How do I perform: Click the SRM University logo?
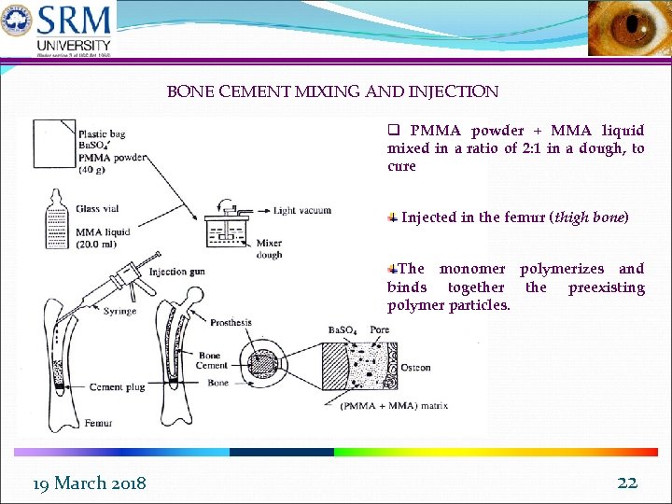pos(58,30)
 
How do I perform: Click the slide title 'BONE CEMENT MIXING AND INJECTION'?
pos(332,91)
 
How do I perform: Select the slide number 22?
pos(627,482)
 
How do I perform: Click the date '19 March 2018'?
pos(89,483)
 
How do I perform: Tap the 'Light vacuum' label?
pos(302,210)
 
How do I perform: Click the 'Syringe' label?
pos(119,311)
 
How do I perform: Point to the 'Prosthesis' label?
pos(231,323)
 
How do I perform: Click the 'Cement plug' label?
pos(118,386)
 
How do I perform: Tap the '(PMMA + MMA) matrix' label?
pos(394,406)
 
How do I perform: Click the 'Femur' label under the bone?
pos(98,423)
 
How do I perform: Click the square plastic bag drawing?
pos(53,147)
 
